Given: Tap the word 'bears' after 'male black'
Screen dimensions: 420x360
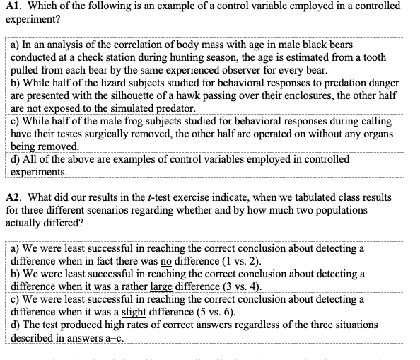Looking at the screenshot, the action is [x=334, y=45].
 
